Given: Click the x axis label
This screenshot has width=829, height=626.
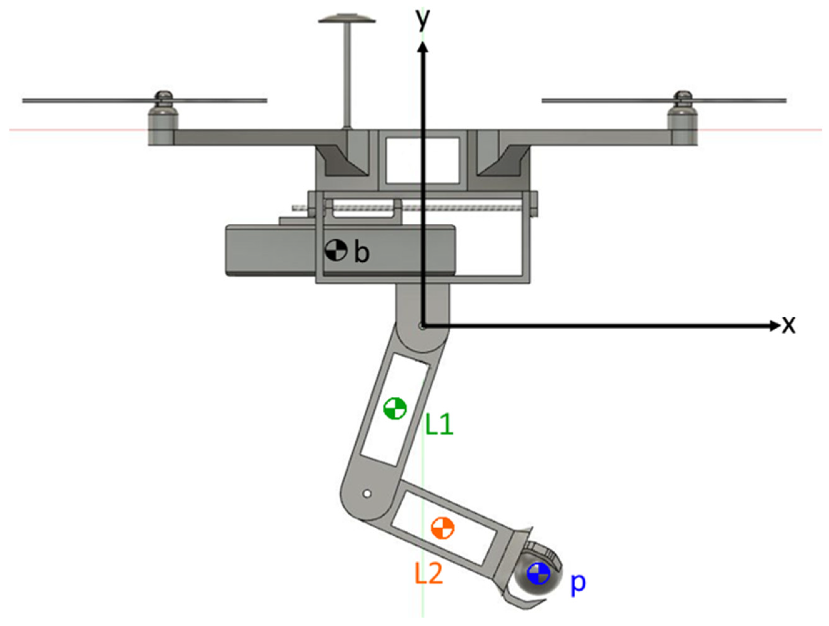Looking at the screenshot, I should pos(788,325).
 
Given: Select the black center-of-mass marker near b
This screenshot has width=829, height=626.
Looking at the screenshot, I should pos(335,250).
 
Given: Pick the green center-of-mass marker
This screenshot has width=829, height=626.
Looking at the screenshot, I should pos(395,408).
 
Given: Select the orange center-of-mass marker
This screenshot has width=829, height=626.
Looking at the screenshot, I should pos(442,528).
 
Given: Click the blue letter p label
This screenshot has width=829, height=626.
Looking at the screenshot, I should pos(577,583).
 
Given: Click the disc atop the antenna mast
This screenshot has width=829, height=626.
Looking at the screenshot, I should pos(347,19).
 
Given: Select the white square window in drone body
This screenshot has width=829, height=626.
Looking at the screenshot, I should pos(422,160).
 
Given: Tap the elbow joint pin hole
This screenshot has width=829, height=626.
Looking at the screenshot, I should pos(367,494).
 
